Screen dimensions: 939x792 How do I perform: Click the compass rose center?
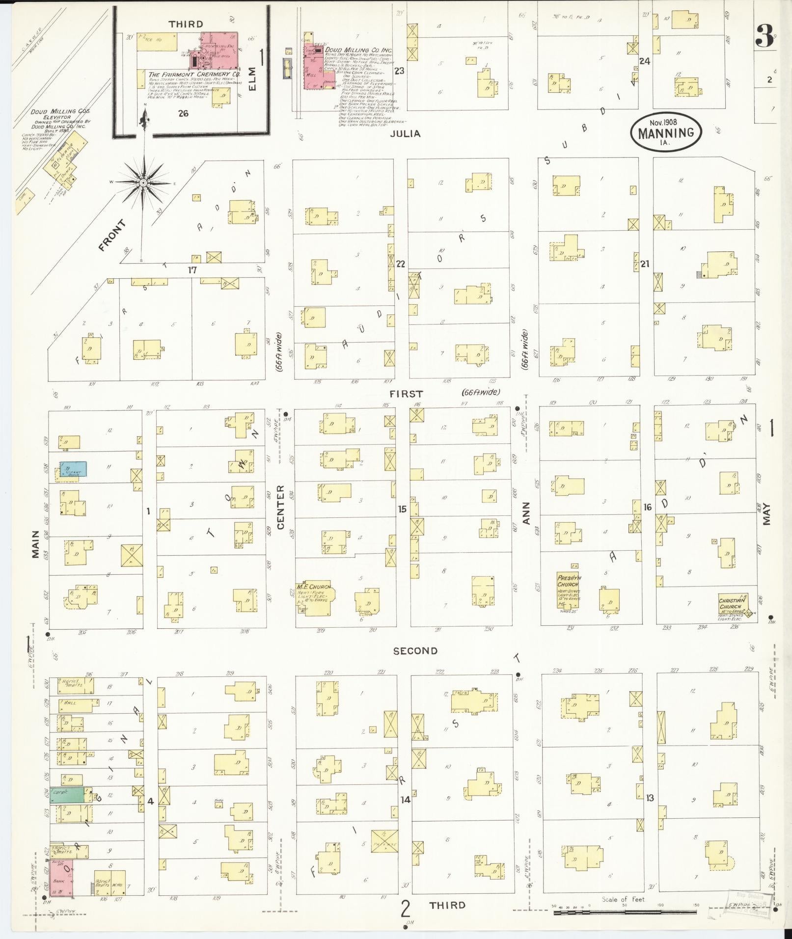[x=143, y=183]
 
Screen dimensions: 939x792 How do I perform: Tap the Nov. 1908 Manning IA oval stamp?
[x=666, y=132]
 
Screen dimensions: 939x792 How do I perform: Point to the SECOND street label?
[x=415, y=651]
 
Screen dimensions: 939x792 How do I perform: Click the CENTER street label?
[x=280, y=507]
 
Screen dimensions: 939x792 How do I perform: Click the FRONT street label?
[x=112, y=236]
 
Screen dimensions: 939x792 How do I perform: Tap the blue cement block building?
[x=74, y=469]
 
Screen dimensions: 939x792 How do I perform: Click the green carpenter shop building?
[x=68, y=794]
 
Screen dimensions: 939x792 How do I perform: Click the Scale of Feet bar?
[x=625, y=912]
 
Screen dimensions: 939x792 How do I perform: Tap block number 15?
[x=402, y=509]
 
